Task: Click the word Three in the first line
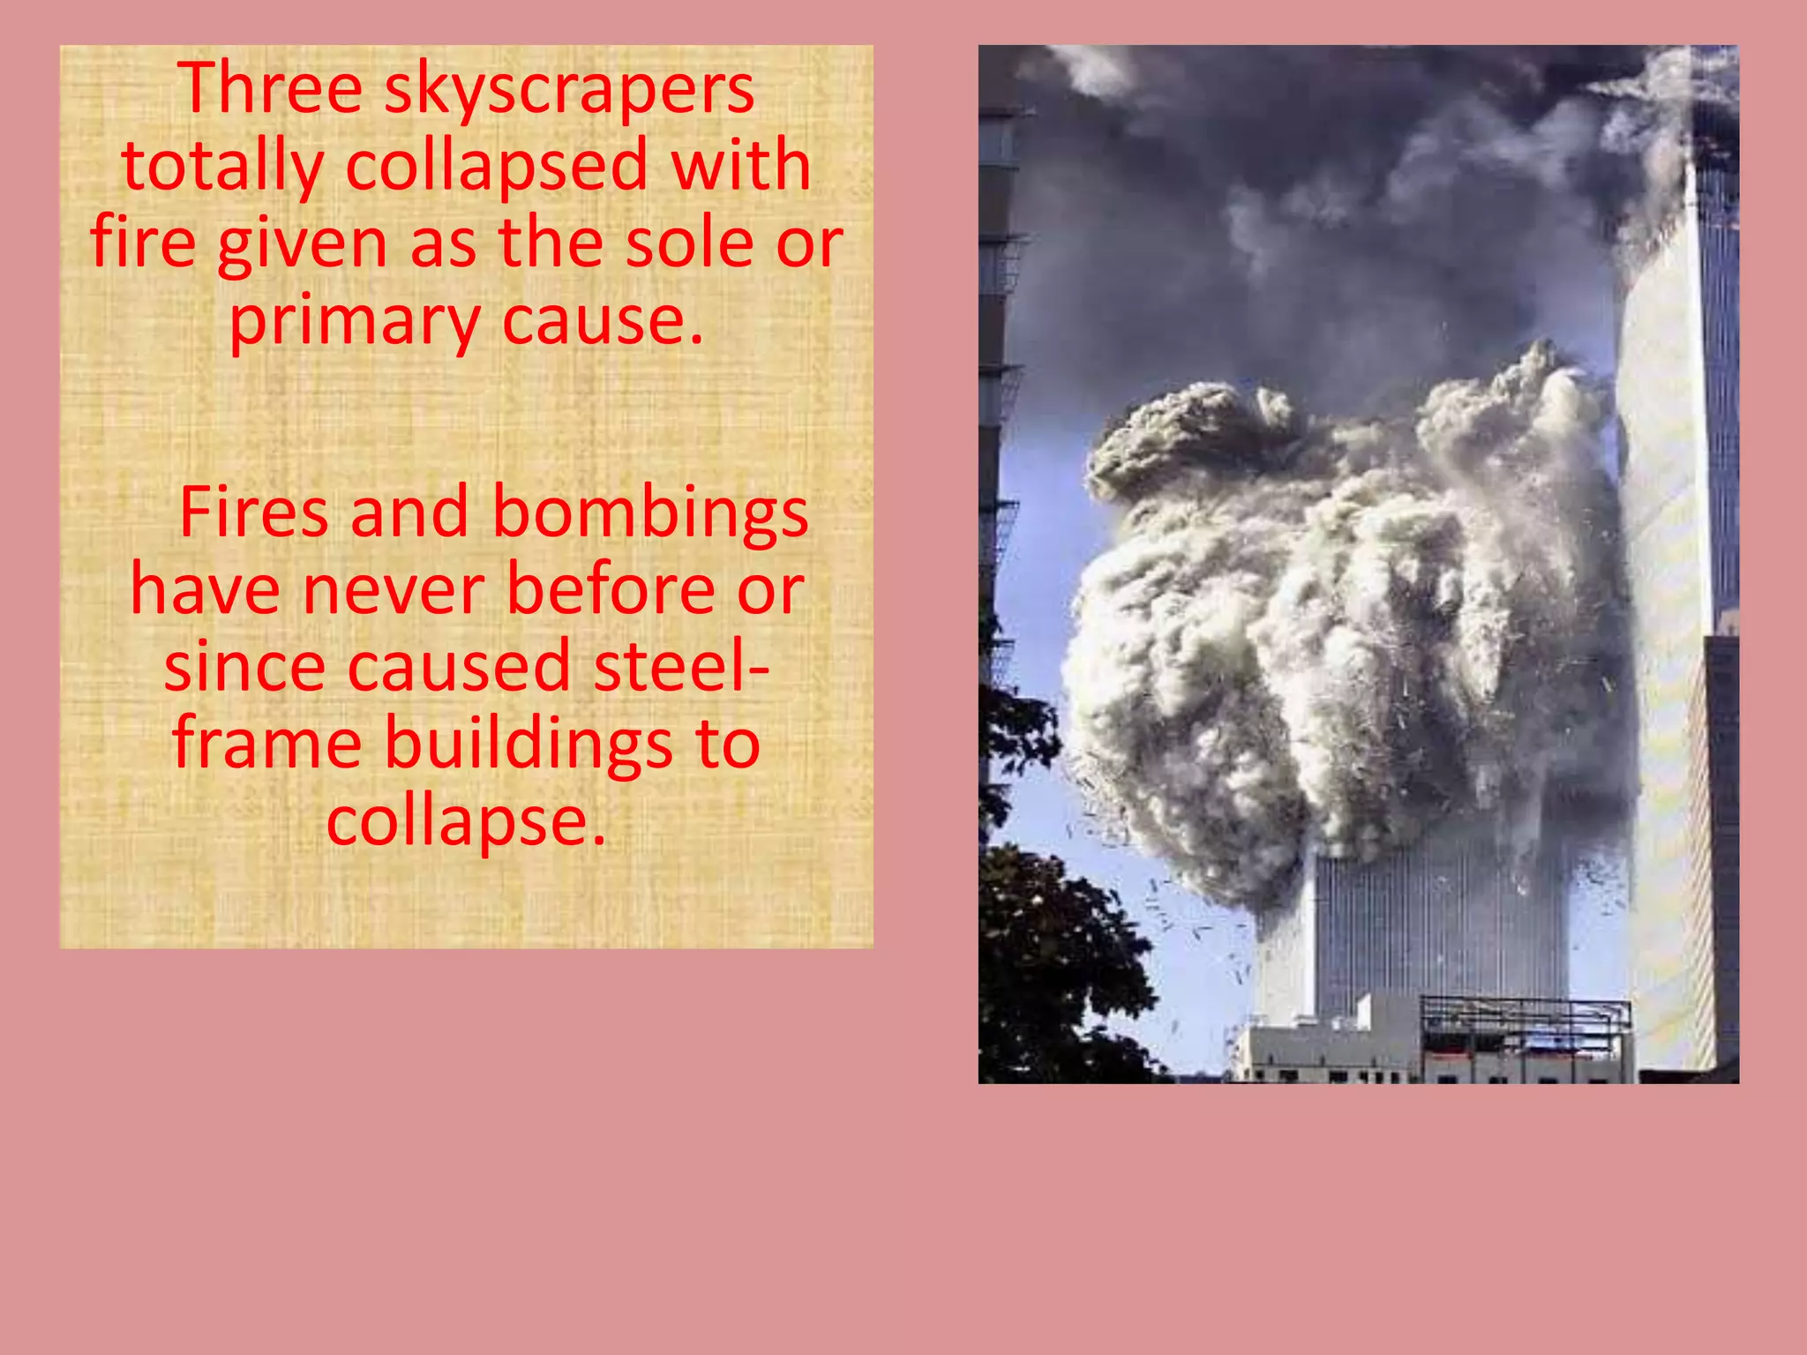tap(270, 88)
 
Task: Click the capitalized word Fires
tap(253, 513)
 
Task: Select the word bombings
tap(650, 514)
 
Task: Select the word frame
tap(266, 743)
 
